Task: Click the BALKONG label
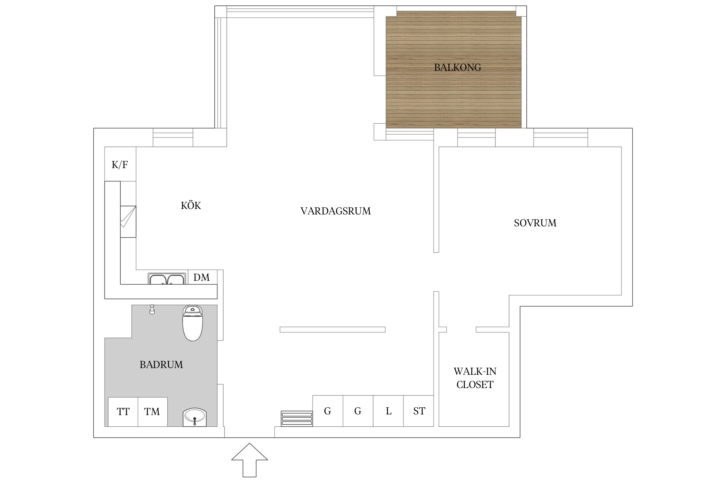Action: (457, 67)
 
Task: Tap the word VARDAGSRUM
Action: (336, 211)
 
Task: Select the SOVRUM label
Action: (535, 223)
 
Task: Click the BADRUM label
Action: (161, 365)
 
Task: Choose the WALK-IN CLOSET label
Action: (475, 378)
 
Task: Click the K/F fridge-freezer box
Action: (120, 164)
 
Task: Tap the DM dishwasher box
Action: (202, 277)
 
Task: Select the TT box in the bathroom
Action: (123, 412)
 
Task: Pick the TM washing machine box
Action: (153, 412)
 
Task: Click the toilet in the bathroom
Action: (193, 323)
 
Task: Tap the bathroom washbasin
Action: (195, 417)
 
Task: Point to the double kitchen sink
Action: (167, 279)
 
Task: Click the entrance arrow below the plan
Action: (249, 460)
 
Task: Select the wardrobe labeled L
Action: (388, 411)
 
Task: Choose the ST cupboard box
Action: (419, 411)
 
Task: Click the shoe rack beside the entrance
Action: (297, 419)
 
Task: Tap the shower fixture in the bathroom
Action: (152, 309)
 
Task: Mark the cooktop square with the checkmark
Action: (128, 222)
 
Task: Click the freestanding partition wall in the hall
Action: (333, 329)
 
